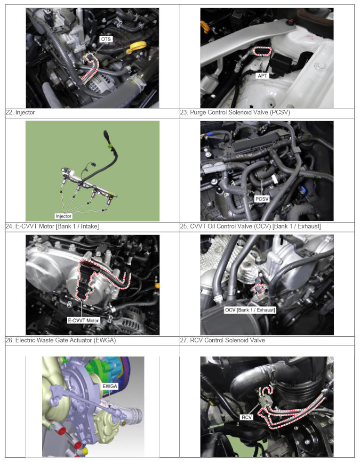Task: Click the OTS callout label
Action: [x=106, y=39]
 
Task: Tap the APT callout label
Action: [x=262, y=76]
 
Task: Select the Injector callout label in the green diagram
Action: [x=63, y=216]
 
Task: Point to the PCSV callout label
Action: [x=262, y=199]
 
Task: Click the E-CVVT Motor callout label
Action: [x=84, y=320]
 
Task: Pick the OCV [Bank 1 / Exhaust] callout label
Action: [x=250, y=310]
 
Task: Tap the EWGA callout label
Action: [x=110, y=386]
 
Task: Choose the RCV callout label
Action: [x=247, y=417]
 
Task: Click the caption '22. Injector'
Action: [x=20, y=112]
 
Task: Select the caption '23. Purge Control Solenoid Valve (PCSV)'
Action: [x=235, y=112]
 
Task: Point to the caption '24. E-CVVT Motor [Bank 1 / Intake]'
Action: [x=52, y=226]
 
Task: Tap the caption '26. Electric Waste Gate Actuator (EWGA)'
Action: [x=61, y=340]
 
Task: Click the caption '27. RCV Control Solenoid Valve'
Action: [x=223, y=340]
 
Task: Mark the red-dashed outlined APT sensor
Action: [x=262, y=51]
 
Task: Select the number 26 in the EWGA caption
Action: [x=9, y=340]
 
